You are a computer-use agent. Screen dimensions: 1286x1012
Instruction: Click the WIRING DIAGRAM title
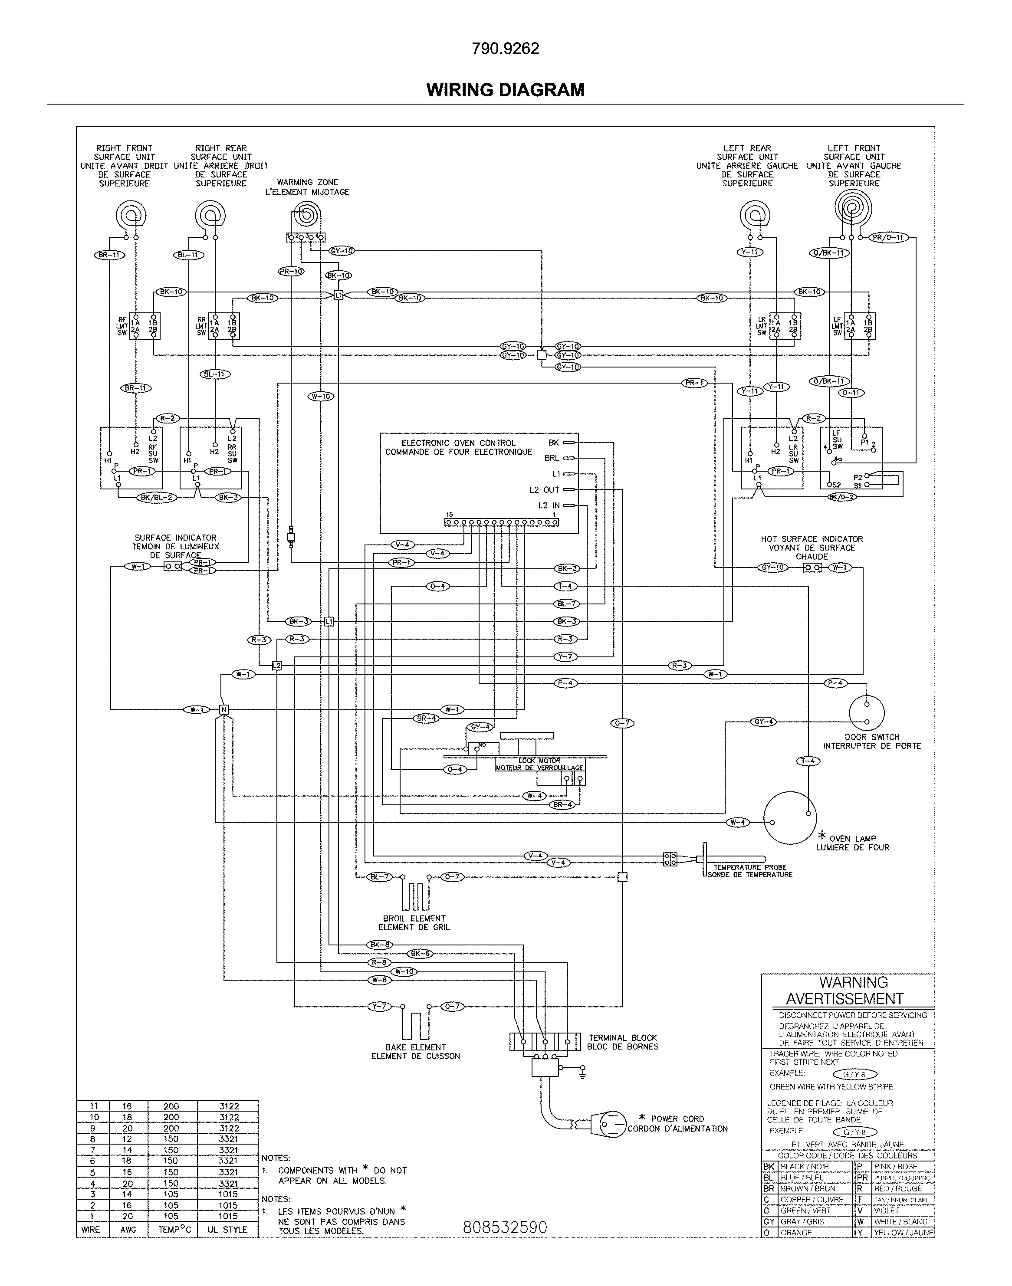pos(506,90)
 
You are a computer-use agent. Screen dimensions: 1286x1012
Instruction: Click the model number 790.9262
pos(506,49)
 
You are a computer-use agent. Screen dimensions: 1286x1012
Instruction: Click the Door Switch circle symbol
pos(866,712)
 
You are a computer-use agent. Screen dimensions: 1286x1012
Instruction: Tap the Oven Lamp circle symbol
pos(789,817)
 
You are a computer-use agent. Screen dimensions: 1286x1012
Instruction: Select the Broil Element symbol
pos(415,895)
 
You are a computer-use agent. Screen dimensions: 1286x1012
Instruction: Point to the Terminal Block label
pos(623,1042)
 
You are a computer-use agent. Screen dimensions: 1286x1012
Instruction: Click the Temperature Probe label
pos(749,871)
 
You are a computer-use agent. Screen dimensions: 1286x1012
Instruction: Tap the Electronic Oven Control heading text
pos(459,447)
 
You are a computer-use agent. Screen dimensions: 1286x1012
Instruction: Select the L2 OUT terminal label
pos(544,490)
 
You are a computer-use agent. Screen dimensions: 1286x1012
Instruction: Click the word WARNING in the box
pos(853,982)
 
